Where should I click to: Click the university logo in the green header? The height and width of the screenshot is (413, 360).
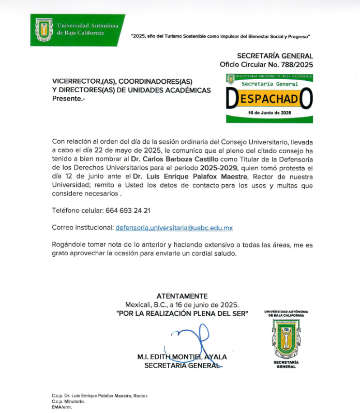tap(43, 30)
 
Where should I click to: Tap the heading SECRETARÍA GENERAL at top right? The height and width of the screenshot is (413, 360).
tap(275, 56)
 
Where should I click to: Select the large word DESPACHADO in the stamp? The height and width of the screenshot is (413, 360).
tap(269, 98)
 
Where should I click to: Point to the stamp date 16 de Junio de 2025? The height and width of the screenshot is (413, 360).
tap(269, 113)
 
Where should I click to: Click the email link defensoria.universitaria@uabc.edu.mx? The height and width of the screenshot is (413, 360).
tap(174, 228)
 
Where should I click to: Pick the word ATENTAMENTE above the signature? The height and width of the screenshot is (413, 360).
tap(182, 296)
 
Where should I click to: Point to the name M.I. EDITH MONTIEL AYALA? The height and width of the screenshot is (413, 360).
tap(182, 357)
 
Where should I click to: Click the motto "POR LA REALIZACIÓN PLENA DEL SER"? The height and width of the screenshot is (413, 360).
tap(182, 313)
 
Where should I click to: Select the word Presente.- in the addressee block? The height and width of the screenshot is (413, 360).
tap(68, 99)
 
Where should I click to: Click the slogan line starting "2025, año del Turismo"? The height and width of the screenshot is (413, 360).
tap(221, 37)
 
